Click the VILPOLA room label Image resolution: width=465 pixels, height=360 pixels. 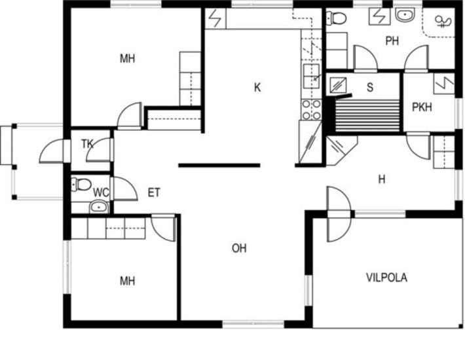pos(386,278)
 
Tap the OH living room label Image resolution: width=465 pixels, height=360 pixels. pos(239,248)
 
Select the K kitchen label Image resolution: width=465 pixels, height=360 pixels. pos(257,88)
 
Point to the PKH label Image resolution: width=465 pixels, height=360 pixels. pos(422,107)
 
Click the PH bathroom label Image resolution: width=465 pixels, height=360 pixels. pos(392,41)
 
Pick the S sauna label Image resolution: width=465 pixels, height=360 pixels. pos(370,88)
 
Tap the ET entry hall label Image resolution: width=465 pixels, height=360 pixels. pos(154,193)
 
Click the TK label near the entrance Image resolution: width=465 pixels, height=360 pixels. pos(87,144)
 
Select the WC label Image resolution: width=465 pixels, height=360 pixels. pos(101,192)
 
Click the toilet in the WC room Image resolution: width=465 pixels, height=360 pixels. pos(81,185)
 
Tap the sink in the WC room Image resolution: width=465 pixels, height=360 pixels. pos(99,207)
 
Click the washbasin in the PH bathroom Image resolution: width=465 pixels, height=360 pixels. pos(405,14)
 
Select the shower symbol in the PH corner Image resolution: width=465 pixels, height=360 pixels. pos(443,22)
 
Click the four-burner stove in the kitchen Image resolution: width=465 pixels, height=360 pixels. pos(311,109)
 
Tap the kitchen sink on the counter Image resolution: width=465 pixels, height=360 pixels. pos(311,76)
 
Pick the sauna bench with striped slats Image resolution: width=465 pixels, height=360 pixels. pos(367,116)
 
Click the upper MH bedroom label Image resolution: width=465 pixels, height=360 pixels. pos(127,59)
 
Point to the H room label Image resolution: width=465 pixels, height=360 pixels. pos(382,179)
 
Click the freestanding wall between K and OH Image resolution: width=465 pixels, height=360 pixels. pos(219,166)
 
